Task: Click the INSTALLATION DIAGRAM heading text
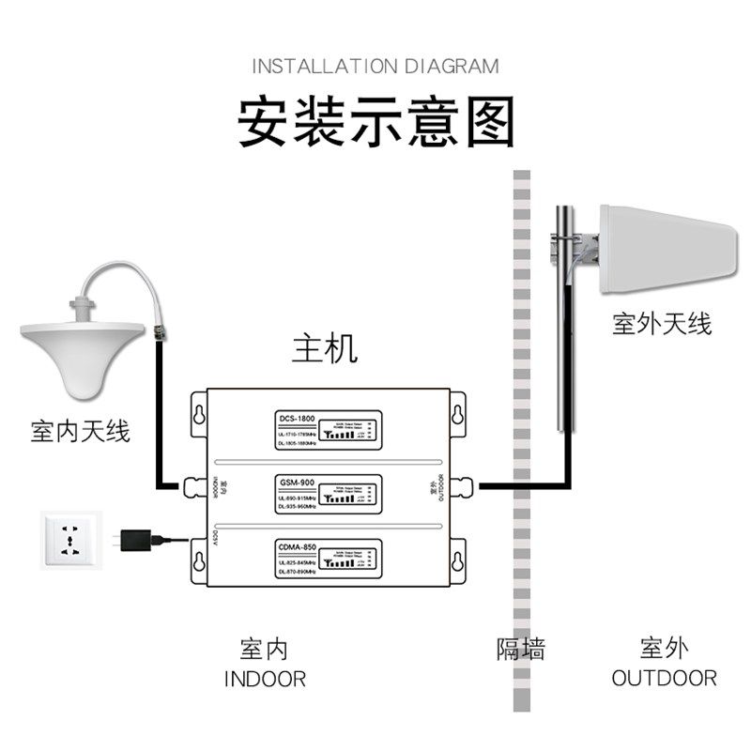(375, 67)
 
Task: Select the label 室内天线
(81, 432)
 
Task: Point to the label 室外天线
(662, 325)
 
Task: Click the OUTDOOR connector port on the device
(461, 485)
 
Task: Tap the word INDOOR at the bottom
(265, 678)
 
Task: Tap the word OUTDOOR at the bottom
(664, 678)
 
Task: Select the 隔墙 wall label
(520, 648)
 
